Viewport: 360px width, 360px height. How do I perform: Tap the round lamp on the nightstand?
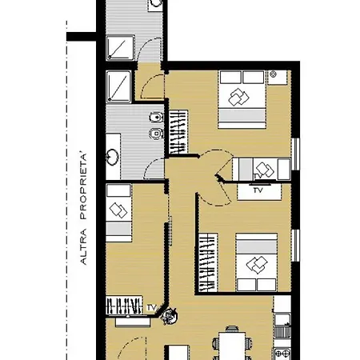tap(273, 75)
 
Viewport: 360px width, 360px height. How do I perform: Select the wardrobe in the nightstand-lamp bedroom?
tap(178, 132)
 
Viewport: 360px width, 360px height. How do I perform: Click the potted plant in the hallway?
tap(168, 316)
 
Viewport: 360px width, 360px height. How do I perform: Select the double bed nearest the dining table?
tap(256, 262)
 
